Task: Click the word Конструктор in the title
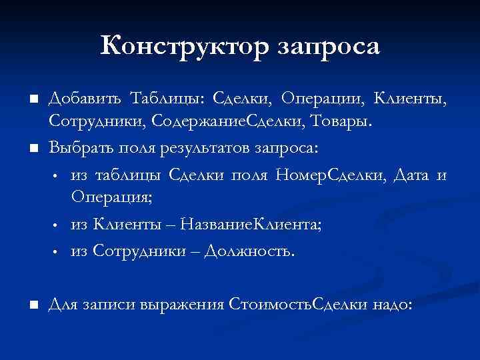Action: pos(182,46)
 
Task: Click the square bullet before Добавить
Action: pos(31,100)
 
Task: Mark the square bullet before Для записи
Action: pos(31,304)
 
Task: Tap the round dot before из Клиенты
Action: pos(58,226)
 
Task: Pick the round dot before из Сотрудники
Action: pos(58,253)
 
